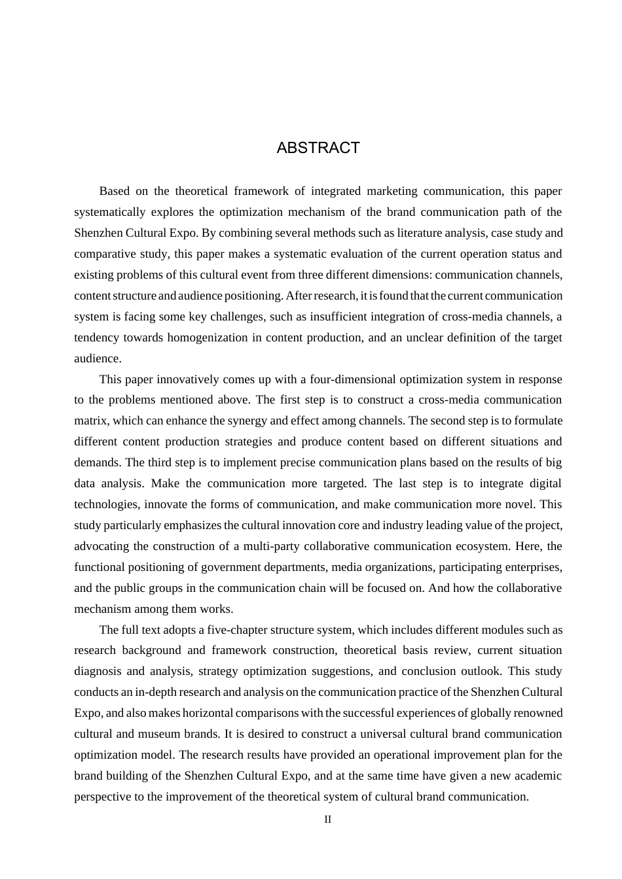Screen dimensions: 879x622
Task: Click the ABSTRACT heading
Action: pyautogui.click(x=318, y=148)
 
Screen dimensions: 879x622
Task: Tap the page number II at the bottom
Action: pyautogui.click(x=328, y=819)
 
